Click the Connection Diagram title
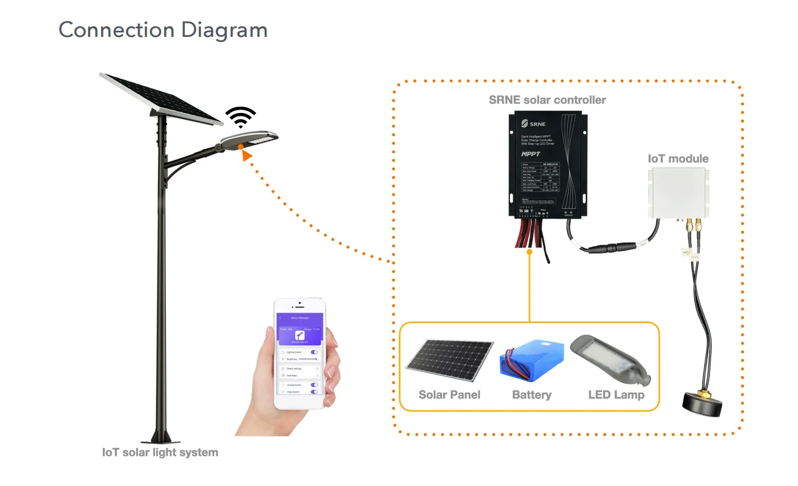point(163,30)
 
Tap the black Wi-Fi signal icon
point(241,117)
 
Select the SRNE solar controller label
point(547,100)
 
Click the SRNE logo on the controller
point(533,124)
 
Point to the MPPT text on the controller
point(530,154)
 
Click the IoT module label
point(678,159)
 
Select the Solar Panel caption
point(449,395)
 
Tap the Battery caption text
point(532,395)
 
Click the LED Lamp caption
point(616,395)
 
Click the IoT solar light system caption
point(160,453)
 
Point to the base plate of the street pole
point(160,439)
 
